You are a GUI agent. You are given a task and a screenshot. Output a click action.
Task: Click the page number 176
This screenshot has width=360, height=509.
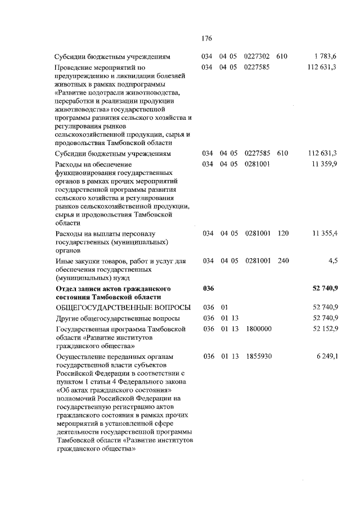click(x=205, y=39)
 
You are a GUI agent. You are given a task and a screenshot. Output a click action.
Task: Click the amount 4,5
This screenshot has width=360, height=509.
click(x=331, y=260)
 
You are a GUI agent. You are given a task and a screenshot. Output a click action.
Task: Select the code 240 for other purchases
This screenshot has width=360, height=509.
click(x=282, y=260)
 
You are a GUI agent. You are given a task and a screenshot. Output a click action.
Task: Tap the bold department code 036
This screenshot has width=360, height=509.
click(x=209, y=288)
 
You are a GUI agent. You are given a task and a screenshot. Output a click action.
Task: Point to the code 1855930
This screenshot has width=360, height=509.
click(x=258, y=356)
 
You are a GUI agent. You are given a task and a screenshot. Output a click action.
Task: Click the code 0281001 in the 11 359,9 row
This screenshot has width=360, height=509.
click(x=258, y=164)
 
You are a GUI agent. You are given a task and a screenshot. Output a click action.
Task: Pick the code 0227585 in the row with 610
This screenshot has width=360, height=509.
click(x=258, y=153)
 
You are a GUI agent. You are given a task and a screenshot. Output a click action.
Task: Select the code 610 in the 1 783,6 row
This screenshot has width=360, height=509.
click(x=282, y=56)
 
